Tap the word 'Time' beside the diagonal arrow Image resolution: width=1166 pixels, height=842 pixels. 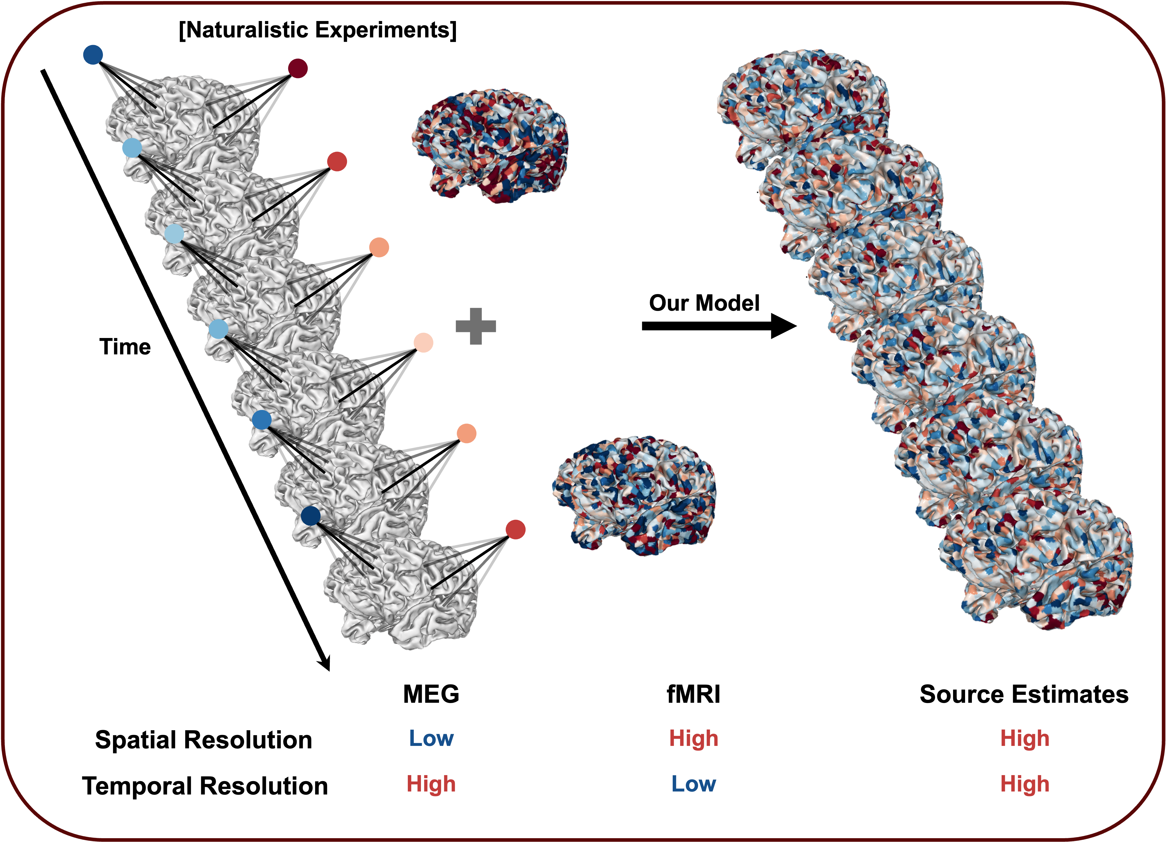125,347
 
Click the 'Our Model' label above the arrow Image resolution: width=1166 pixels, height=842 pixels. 704,303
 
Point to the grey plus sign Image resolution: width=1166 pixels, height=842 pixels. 476,326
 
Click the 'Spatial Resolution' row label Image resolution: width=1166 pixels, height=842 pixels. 204,740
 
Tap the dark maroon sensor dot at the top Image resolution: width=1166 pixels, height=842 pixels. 298,68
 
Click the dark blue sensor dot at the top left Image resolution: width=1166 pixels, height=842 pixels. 93,55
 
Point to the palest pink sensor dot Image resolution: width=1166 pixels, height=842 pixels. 423,342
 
